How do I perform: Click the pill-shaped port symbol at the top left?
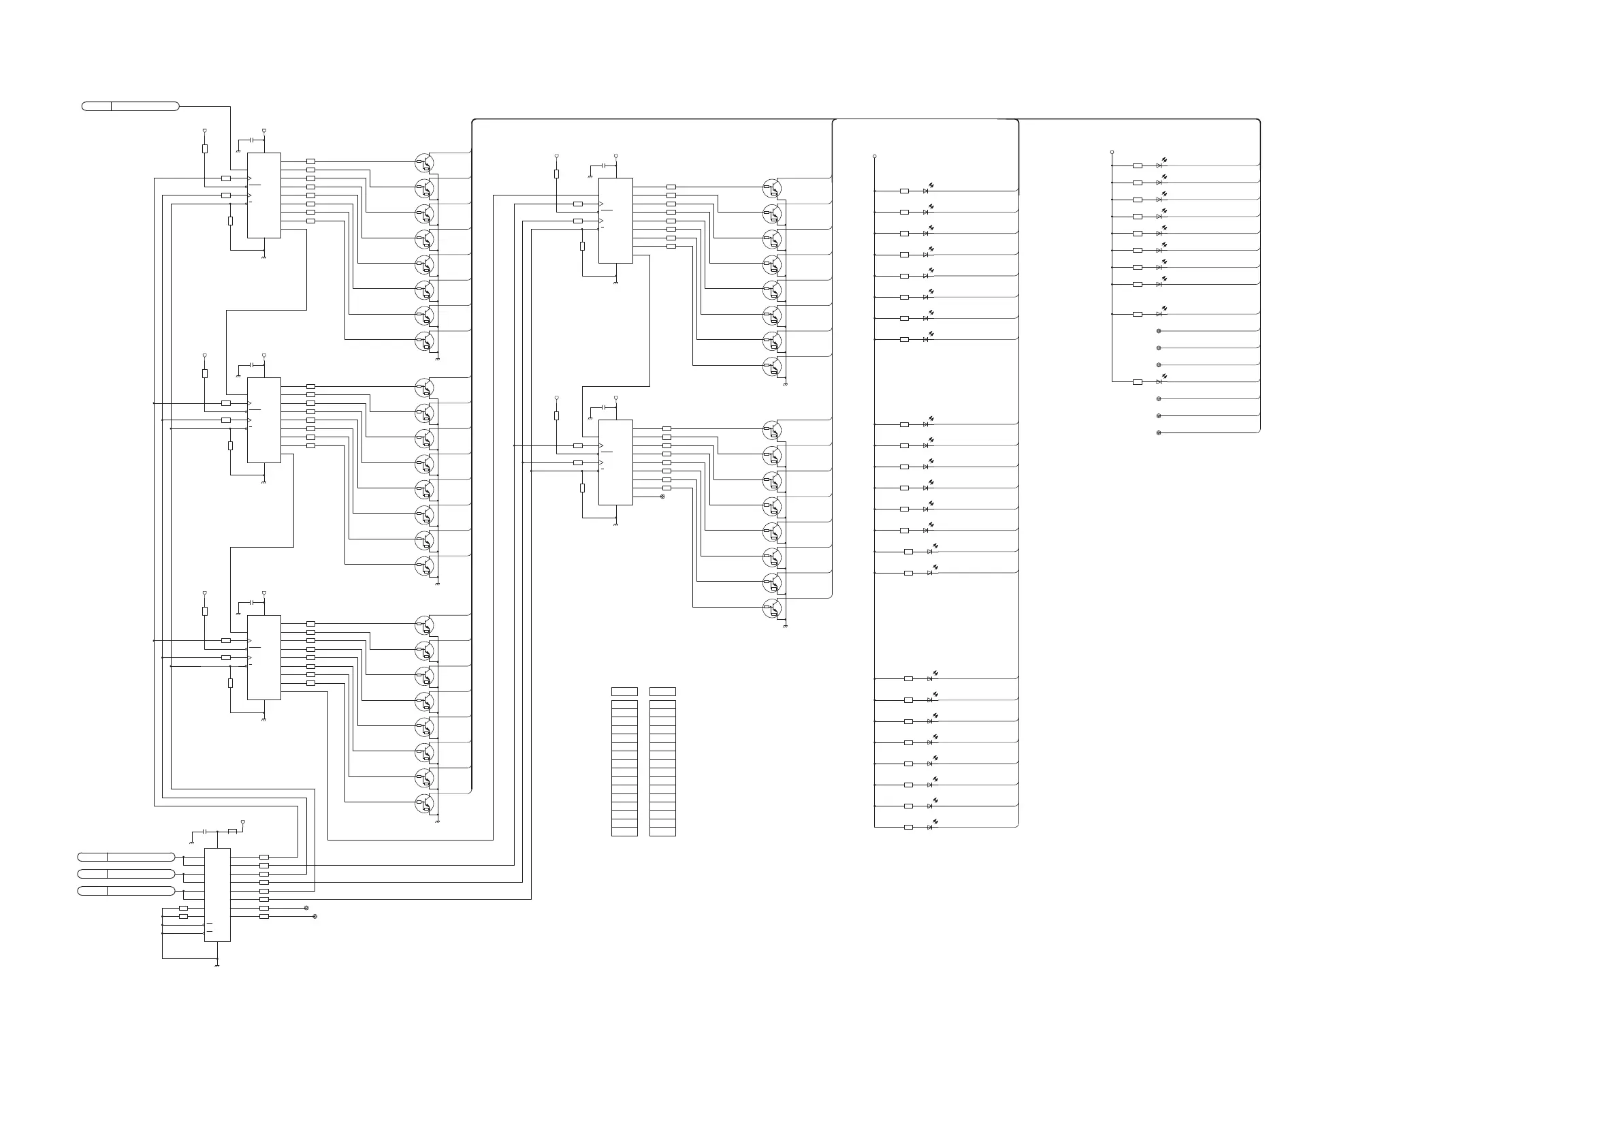click(x=131, y=107)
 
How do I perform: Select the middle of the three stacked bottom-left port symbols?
click(x=126, y=874)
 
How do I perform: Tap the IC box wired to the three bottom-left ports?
click(x=216, y=894)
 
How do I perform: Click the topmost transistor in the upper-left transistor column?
click(x=424, y=162)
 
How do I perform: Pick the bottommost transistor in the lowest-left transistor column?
click(x=424, y=803)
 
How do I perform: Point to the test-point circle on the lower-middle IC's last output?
click(x=662, y=497)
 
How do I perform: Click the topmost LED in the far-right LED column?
click(x=1159, y=166)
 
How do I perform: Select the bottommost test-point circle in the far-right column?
click(x=1159, y=433)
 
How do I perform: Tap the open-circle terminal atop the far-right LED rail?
click(x=1112, y=152)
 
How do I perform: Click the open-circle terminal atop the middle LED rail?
click(x=875, y=156)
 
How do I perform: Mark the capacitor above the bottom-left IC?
click(x=204, y=832)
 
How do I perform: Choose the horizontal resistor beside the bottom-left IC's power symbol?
click(x=232, y=831)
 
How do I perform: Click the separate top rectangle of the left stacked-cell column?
click(x=624, y=691)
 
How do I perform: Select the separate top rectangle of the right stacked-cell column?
click(x=662, y=691)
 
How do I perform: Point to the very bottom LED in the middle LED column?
click(x=930, y=827)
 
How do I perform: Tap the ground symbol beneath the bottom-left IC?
click(x=216, y=964)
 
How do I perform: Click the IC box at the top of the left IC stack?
click(x=263, y=195)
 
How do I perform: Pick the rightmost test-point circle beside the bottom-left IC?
click(x=315, y=916)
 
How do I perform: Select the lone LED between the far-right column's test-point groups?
click(x=1159, y=381)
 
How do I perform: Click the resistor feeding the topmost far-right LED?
click(x=1137, y=166)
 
